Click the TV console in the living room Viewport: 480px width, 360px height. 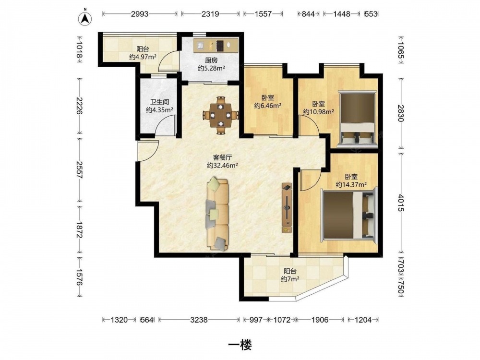click(287, 208)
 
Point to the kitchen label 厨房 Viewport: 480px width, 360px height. click(211, 60)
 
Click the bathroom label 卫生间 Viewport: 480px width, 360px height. click(159, 102)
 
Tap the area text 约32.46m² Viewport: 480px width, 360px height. click(223, 166)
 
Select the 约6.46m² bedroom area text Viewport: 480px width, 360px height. click(268, 106)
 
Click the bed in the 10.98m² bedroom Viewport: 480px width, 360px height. click(358, 119)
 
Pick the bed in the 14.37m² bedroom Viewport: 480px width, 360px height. click(349, 214)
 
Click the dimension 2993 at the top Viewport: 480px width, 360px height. click(140, 14)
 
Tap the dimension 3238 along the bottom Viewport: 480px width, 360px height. click(199, 320)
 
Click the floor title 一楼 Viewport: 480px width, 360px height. click(240, 345)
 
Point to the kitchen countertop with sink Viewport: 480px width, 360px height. click(216, 45)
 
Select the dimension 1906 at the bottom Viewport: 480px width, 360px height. click(320, 320)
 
